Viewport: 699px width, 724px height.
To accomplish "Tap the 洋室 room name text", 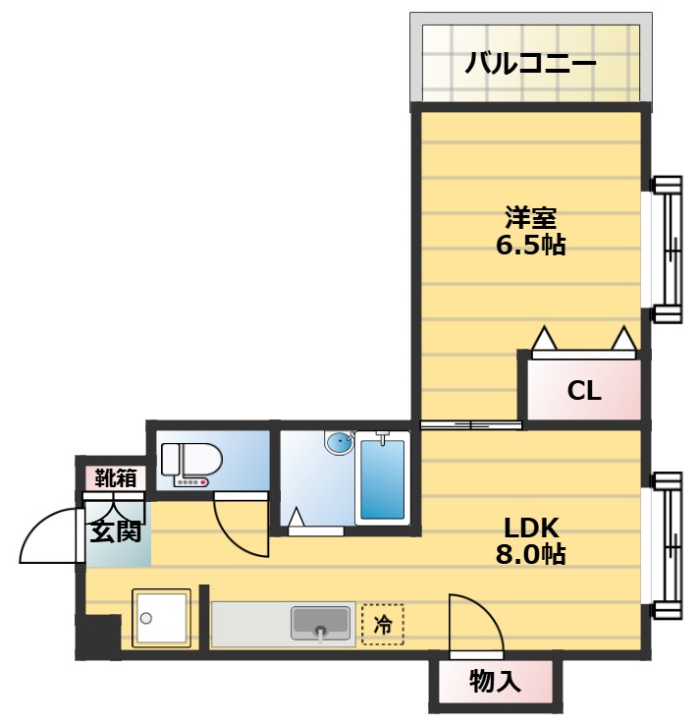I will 530,215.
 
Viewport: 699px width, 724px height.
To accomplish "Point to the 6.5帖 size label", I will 530,246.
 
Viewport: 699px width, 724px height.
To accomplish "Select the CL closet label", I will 584,391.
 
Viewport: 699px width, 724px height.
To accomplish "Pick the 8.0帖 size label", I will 530,554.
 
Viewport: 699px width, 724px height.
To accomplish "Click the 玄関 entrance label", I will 117,532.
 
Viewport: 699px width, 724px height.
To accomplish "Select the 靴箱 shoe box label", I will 116,478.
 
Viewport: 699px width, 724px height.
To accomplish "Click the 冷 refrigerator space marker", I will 382,623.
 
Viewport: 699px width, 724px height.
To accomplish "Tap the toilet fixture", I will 190,463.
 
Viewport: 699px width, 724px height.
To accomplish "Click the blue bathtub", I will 382,478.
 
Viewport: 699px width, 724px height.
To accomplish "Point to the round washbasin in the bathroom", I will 339,443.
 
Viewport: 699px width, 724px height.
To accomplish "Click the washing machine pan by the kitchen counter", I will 161,619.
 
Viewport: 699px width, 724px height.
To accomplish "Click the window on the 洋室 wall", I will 668,249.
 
